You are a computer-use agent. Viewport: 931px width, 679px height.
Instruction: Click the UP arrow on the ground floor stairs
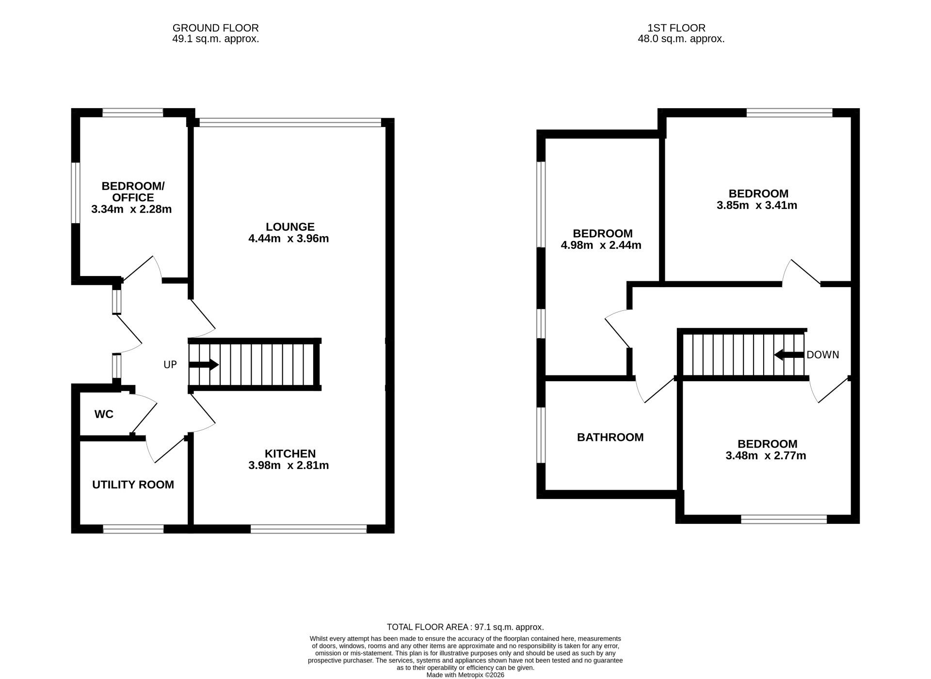pyautogui.click(x=204, y=365)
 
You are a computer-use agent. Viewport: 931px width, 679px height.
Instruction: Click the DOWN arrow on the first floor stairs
pyautogui.click(x=789, y=355)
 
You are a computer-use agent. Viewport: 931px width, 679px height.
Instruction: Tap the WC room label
pyautogui.click(x=104, y=414)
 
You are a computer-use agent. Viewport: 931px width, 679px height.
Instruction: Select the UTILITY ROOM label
pyautogui.click(x=133, y=485)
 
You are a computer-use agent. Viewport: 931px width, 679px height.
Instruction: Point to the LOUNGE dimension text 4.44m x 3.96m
pyautogui.click(x=289, y=239)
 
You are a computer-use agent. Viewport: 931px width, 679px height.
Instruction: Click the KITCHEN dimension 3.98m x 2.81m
pyautogui.click(x=289, y=466)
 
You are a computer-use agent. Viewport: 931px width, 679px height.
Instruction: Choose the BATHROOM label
pyautogui.click(x=610, y=437)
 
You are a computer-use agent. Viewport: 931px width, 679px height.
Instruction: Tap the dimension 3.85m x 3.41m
pyautogui.click(x=757, y=205)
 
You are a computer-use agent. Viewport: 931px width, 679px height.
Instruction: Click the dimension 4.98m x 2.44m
pyautogui.click(x=601, y=245)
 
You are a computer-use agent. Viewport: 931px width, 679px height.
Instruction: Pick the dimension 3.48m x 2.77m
pyautogui.click(x=766, y=456)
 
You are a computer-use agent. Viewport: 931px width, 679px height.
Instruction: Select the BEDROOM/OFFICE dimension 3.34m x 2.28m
pyautogui.click(x=131, y=210)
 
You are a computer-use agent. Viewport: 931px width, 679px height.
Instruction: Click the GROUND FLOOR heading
pyautogui.click(x=215, y=28)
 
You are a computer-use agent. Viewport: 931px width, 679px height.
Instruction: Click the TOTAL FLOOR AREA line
pyautogui.click(x=465, y=627)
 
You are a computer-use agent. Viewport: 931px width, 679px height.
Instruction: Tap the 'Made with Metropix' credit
pyautogui.click(x=465, y=675)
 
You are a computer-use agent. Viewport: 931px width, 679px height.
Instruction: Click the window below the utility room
pyautogui.click(x=133, y=529)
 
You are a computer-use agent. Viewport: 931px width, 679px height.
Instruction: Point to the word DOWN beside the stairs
pyautogui.click(x=822, y=355)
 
